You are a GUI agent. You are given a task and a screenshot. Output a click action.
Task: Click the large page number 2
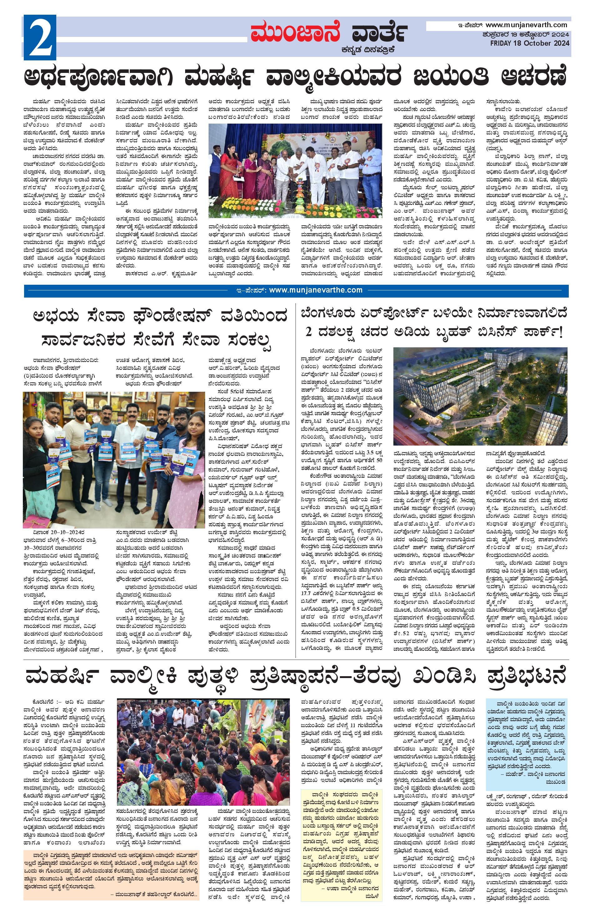[40, 37]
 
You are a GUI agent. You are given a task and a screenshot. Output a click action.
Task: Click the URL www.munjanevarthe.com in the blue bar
[315, 290]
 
